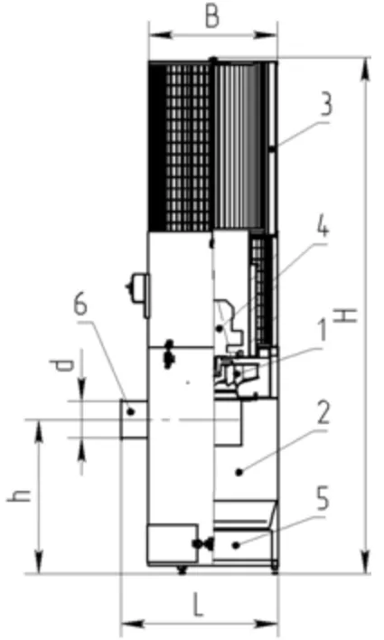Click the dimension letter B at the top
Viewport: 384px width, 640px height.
[212, 17]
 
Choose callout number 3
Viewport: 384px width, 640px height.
[325, 104]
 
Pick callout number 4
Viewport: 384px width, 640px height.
[323, 228]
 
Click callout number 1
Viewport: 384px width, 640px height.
[323, 330]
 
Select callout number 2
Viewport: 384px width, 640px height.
[323, 412]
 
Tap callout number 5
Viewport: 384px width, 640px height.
[323, 499]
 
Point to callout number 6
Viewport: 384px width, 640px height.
[80, 305]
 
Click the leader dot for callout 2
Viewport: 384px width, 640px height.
[239, 472]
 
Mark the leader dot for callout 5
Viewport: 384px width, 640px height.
[236, 545]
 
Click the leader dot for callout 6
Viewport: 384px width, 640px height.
[131, 411]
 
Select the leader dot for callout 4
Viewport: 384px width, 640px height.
[220, 328]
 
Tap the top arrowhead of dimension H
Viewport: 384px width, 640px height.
[366, 72]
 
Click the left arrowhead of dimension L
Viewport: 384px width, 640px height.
[134, 624]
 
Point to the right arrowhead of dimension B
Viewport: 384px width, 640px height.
[266, 35]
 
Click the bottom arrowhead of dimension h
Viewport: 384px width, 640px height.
[39, 560]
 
